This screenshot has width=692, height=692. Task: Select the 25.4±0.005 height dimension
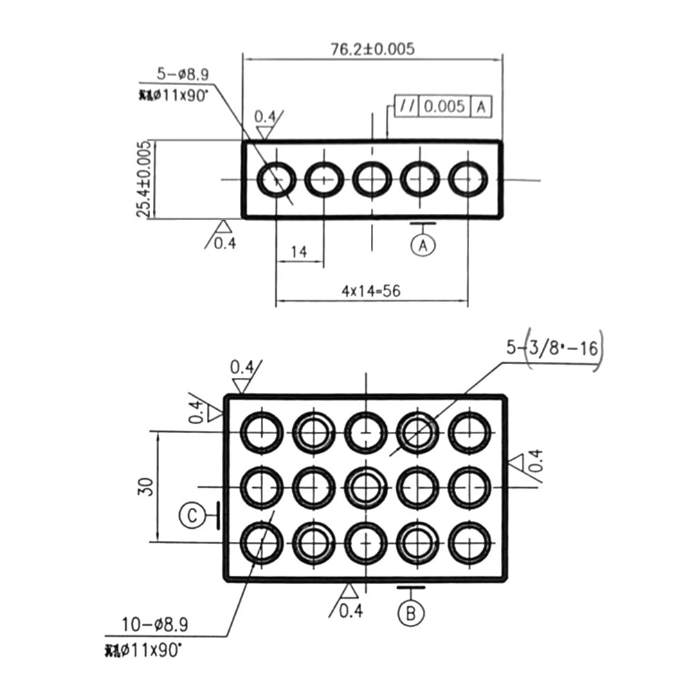[x=144, y=179]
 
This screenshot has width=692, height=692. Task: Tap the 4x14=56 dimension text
[x=371, y=291]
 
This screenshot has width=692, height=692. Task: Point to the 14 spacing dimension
[x=298, y=252]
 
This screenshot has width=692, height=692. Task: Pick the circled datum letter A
[x=423, y=244]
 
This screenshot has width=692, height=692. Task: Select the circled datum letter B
[x=411, y=612]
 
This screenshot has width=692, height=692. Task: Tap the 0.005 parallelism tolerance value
[x=444, y=107]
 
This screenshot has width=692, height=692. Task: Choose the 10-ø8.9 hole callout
[x=154, y=626]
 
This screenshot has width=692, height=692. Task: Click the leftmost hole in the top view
[x=276, y=180]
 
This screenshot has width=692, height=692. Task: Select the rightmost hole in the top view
[x=468, y=179]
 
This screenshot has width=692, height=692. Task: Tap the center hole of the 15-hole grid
[x=365, y=486]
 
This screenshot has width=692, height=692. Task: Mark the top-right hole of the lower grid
[x=469, y=432]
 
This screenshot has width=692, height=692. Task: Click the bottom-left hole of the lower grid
[x=262, y=541]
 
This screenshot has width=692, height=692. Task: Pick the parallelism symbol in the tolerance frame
[x=406, y=107]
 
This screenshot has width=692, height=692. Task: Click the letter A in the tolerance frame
[x=482, y=107]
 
